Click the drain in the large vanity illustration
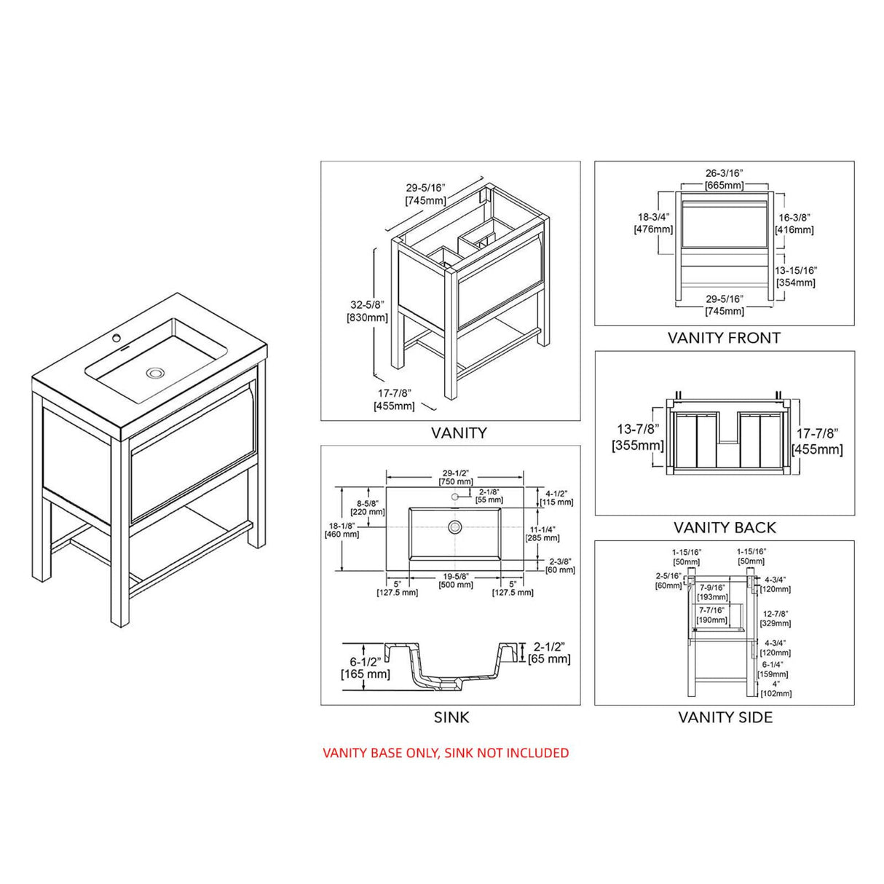pos(155,373)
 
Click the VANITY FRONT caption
pos(724,338)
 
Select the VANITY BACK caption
pos(725,527)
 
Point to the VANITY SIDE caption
pos(725,717)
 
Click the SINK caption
pos(451,717)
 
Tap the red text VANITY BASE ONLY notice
pos(446,753)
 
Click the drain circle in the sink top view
pos(455,526)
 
